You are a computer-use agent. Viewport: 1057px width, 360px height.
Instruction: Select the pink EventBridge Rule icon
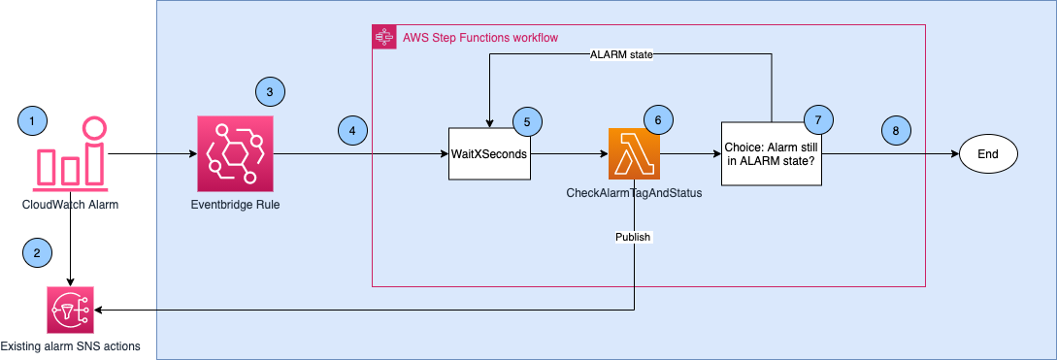point(236,153)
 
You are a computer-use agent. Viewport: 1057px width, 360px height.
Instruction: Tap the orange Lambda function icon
point(634,153)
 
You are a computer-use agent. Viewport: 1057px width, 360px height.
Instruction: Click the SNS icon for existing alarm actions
point(71,311)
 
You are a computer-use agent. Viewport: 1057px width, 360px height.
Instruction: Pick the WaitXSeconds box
point(489,153)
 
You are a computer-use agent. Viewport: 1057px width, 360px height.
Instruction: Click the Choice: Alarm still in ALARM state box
point(772,153)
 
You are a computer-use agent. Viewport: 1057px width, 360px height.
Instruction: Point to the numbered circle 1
point(33,121)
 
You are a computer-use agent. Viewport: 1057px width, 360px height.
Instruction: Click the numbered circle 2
point(37,252)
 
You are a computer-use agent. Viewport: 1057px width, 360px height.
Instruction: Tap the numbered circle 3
point(270,92)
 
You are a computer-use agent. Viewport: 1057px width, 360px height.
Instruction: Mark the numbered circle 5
point(527,121)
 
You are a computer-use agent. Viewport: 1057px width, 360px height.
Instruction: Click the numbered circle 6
point(658,121)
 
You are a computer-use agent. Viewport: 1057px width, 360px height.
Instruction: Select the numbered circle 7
point(818,120)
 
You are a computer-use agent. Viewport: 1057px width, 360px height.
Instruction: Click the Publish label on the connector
point(634,236)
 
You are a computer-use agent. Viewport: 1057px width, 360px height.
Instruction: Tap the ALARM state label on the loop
point(621,54)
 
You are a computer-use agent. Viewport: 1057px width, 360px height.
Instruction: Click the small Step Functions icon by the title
point(381,37)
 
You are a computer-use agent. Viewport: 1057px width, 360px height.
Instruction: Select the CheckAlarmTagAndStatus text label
point(634,194)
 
